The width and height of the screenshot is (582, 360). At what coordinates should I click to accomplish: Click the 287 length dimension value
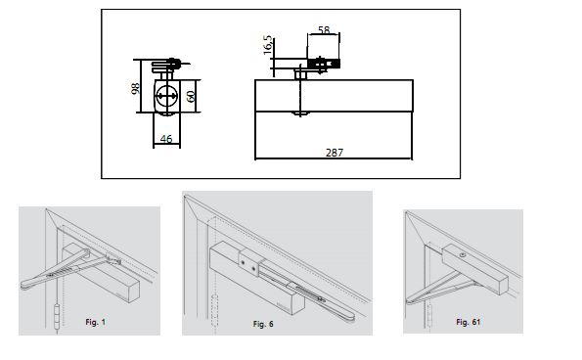335,153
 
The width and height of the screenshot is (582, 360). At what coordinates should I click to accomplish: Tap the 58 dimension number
324,29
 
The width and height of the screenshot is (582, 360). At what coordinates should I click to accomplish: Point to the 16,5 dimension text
268,45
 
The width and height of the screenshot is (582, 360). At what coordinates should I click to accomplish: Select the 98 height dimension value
136,88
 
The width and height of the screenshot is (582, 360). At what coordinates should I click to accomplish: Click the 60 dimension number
191,97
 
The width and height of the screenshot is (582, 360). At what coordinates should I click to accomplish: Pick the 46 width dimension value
166,139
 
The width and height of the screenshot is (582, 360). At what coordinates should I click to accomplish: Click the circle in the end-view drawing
166,96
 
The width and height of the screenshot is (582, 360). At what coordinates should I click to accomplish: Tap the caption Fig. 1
96,322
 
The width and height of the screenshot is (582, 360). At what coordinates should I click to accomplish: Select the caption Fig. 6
263,324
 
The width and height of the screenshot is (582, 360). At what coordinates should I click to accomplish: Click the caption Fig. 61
469,322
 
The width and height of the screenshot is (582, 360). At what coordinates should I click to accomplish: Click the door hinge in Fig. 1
57,317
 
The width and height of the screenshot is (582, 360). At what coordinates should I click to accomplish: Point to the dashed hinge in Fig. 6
214,310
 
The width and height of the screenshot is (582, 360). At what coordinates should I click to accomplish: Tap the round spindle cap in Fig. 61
462,255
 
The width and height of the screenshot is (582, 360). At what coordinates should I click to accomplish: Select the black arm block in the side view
324,65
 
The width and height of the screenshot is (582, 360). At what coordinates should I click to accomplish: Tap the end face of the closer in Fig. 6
299,303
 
